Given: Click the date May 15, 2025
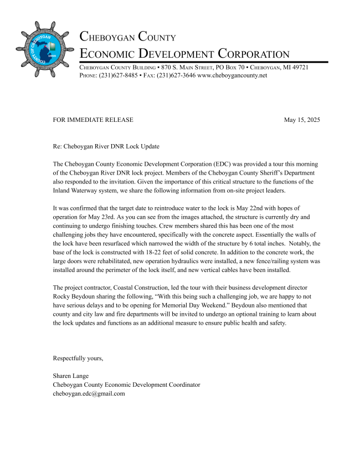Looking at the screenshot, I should point(301,120).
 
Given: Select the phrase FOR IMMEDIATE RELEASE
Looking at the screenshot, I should point(93,120).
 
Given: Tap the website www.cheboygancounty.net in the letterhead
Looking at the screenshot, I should point(232,75).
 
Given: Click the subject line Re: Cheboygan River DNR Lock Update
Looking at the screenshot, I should point(106,147).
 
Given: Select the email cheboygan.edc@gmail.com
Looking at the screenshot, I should point(89,393).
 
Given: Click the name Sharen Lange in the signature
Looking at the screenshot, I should point(70,376).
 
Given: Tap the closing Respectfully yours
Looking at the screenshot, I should point(78,358).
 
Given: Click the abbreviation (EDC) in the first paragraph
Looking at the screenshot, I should point(223,165).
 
